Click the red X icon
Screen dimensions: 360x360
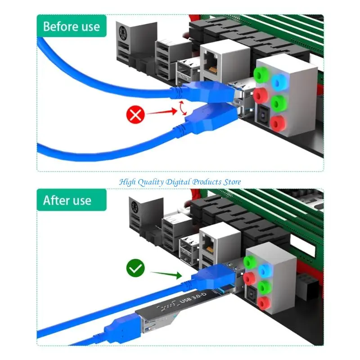pos(136,115)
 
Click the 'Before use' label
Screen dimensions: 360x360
pos(72,26)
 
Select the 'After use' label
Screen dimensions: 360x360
pos(67,201)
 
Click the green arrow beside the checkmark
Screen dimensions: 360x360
pos(166,274)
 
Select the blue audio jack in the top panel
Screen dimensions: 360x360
pos(280,81)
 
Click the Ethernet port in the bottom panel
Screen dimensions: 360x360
pos(210,243)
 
